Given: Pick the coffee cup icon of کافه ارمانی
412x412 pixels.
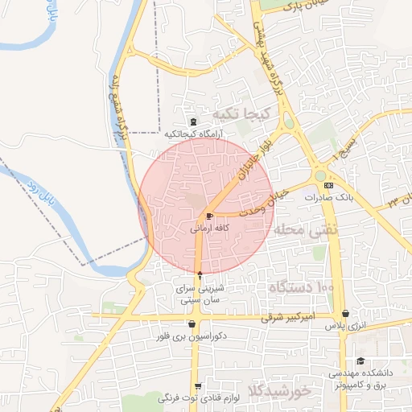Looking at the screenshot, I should (x=210, y=216).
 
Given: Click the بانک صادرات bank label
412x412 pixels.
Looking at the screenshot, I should (x=331, y=197).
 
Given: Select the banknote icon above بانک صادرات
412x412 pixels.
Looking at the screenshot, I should (x=328, y=186).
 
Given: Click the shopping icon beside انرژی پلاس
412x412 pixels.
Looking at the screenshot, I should (x=345, y=314).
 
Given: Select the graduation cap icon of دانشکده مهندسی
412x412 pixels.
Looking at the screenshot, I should (x=360, y=361).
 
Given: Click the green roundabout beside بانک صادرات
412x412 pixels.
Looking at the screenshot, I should (x=320, y=175).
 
